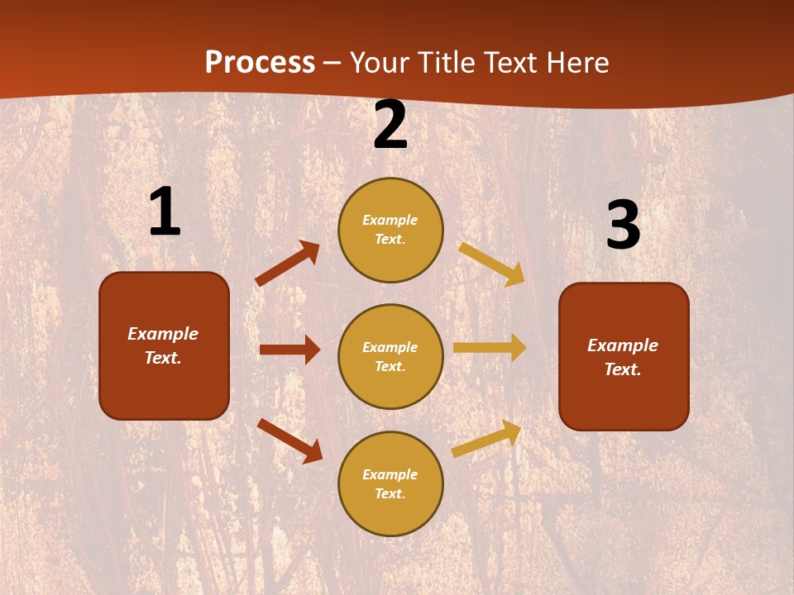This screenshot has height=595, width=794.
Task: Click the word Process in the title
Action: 260,63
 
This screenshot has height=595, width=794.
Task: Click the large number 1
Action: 165,212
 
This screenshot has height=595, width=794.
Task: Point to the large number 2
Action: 390,126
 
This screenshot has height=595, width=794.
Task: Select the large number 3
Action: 623,226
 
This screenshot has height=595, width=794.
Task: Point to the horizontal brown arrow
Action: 289,350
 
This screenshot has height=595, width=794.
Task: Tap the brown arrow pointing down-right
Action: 289,440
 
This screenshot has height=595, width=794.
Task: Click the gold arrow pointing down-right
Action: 492,264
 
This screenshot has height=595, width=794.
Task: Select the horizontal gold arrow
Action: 490,348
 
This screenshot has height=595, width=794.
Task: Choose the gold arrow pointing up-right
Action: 487,438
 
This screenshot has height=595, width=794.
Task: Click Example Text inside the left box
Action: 163,345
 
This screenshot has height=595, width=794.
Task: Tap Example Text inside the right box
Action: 623,357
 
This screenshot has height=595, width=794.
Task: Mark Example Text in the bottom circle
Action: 390,484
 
